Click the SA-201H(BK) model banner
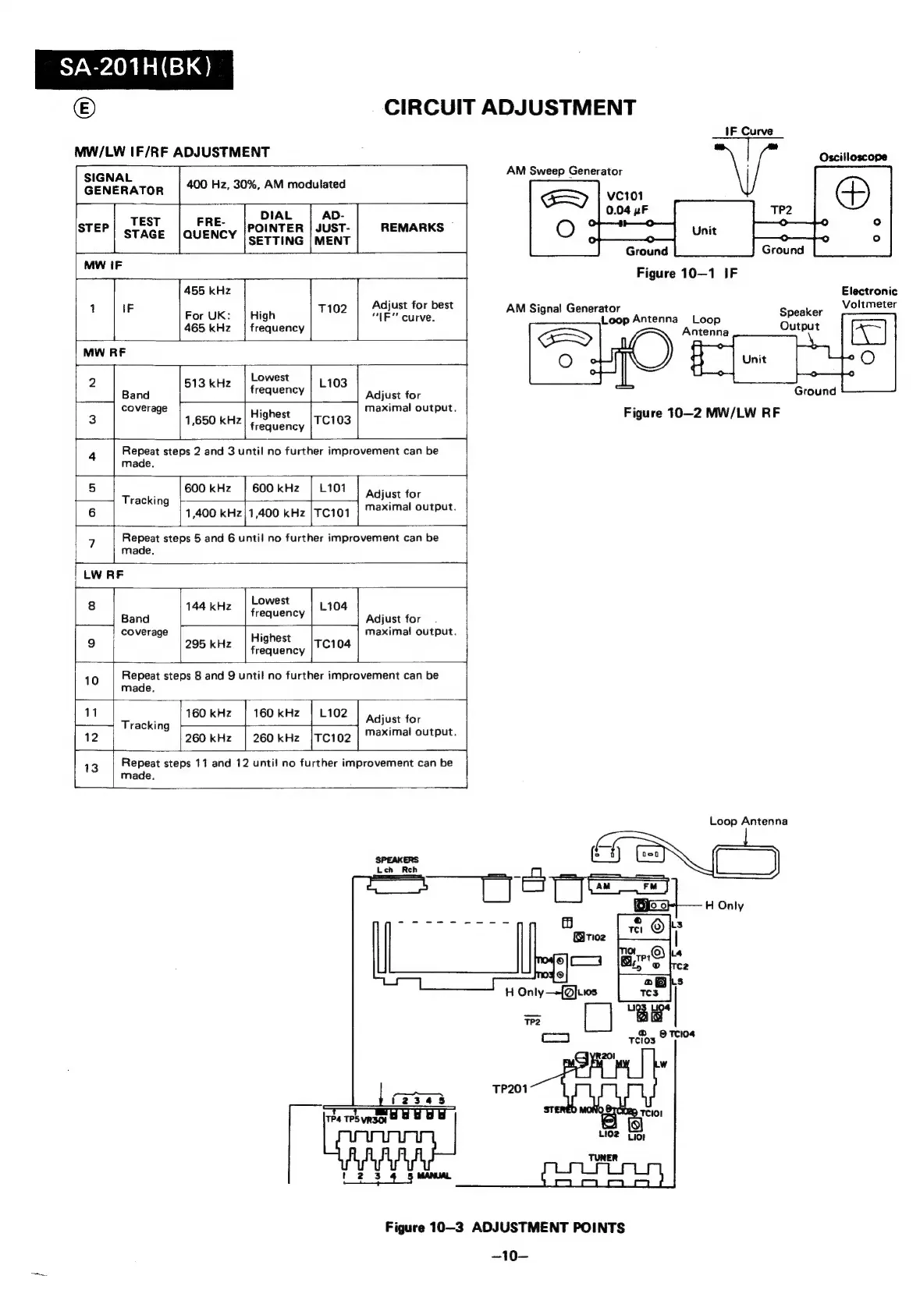134,70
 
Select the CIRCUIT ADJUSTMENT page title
510,108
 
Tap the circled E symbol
84,108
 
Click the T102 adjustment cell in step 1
332,309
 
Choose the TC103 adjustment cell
332,420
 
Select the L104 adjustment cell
333,606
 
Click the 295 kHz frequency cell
208,644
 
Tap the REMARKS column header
412,228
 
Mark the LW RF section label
104,575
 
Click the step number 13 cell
92,768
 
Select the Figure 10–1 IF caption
687,273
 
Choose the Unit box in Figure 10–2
754,360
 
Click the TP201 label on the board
510,1088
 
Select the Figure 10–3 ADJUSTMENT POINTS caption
505,1228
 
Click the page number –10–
505,1256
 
